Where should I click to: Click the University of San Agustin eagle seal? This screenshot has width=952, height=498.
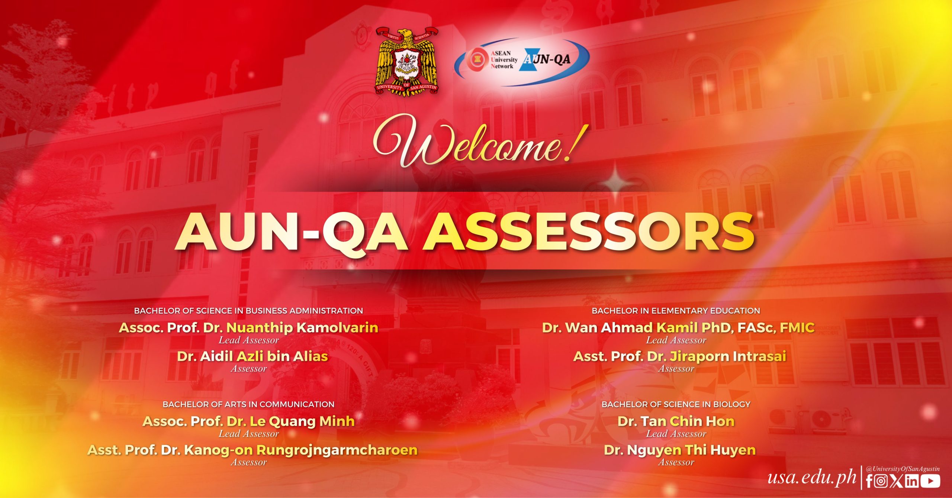coord(407,62)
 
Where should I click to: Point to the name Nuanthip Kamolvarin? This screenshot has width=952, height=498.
coord(302,327)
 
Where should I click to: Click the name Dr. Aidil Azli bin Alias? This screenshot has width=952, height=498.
coord(253,356)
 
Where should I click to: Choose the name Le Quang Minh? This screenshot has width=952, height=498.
coord(291,421)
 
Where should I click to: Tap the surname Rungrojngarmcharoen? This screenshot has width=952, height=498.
coord(337,450)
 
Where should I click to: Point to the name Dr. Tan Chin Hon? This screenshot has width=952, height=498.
coord(676,421)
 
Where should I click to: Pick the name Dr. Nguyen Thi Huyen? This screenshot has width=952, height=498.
coord(680,450)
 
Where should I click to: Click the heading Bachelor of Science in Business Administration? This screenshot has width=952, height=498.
coord(248,311)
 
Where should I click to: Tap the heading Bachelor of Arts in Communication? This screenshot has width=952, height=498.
coord(248,404)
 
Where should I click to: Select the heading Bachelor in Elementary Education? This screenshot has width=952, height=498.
coord(676,311)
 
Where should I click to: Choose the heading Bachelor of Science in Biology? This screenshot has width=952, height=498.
coord(676,404)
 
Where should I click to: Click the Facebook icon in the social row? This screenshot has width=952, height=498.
coord(869,482)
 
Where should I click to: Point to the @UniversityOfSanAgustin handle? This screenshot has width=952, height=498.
coord(903,469)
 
